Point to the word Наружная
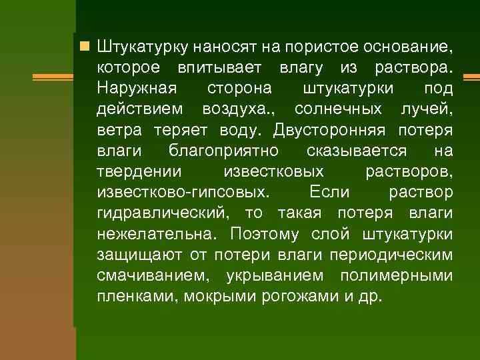(137, 89)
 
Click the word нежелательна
(157, 234)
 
